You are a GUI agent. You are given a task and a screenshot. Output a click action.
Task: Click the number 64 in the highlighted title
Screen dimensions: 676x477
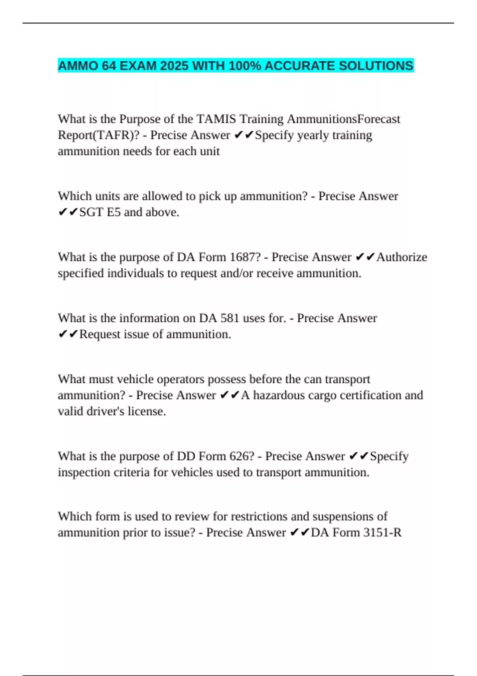click(x=109, y=66)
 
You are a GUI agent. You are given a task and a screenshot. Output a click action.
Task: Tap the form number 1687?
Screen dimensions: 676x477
click(x=245, y=257)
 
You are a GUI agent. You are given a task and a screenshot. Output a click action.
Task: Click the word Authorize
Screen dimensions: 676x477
click(x=401, y=257)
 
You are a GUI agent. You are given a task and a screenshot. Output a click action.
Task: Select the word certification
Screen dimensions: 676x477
click(x=370, y=395)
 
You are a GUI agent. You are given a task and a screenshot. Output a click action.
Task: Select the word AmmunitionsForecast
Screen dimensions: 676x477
click(x=343, y=119)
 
